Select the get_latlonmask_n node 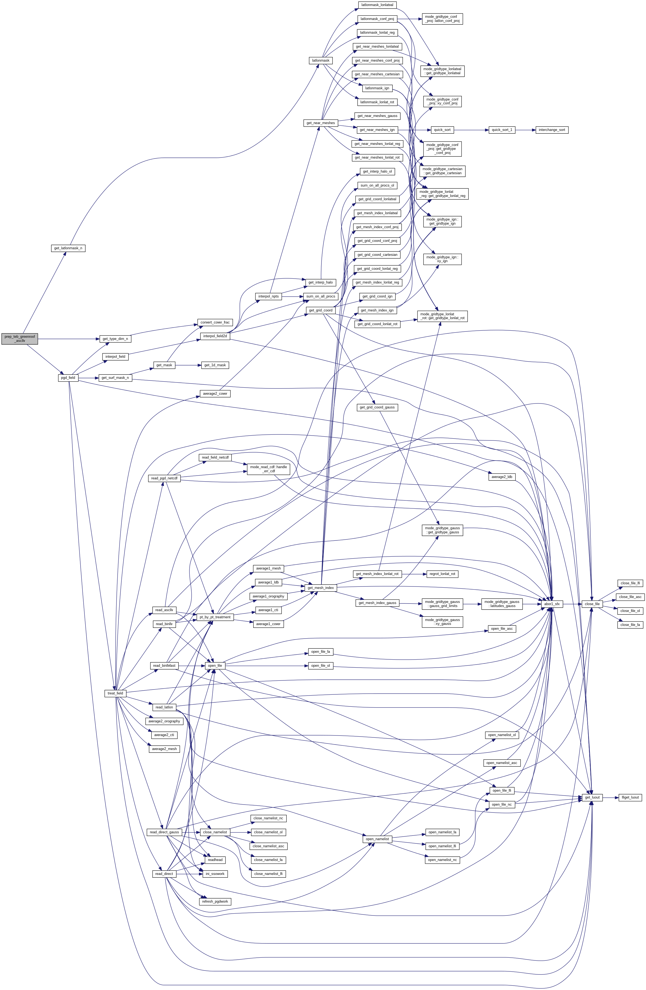pos(68,248)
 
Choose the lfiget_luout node pos(631,797)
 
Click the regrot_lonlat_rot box pos(442,574)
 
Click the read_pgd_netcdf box pos(165,478)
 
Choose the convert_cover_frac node pos(215,322)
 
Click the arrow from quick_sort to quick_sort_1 pos(471,130)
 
